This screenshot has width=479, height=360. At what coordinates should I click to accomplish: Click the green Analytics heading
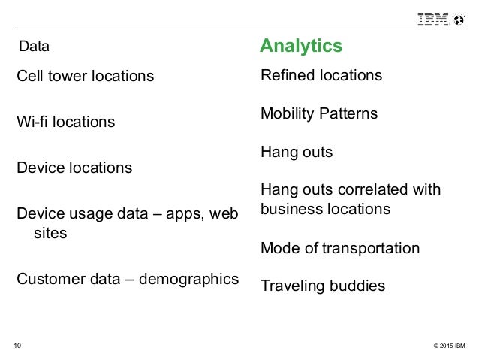pyautogui.click(x=301, y=47)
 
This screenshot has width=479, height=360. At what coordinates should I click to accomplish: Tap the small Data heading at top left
pyautogui.click(x=34, y=47)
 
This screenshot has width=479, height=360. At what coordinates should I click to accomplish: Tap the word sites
pyautogui.click(x=51, y=233)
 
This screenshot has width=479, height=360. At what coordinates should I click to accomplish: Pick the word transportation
pyautogui.click(x=371, y=247)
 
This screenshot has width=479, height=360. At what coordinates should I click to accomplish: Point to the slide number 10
pyautogui.click(x=18, y=346)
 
